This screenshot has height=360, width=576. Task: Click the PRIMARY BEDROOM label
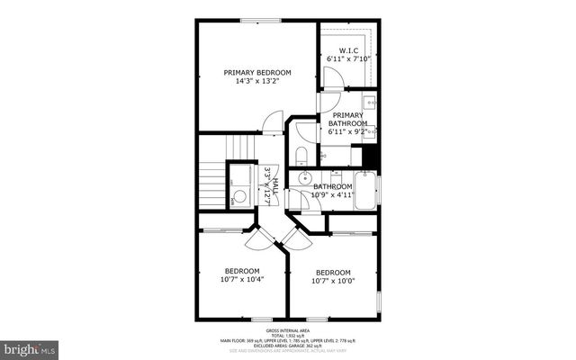pyautogui.click(x=257, y=72)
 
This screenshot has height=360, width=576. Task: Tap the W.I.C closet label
pyautogui.click(x=349, y=50)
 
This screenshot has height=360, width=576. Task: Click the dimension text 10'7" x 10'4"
pyautogui.click(x=242, y=280)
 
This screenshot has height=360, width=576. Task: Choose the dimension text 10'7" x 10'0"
pyautogui.click(x=332, y=280)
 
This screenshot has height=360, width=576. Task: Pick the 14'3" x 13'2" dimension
pyautogui.click(x=257, y=81)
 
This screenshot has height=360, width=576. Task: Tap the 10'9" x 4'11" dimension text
pyautogui.click(x=332, y=195)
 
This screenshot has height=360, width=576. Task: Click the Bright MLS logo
pyautogui.click(x=29, y=346)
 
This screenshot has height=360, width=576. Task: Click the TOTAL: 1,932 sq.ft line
pyautogui.click(x=287, y=334)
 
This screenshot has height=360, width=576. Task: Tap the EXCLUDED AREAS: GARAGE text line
pyautogui.click(x=287, y=346)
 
